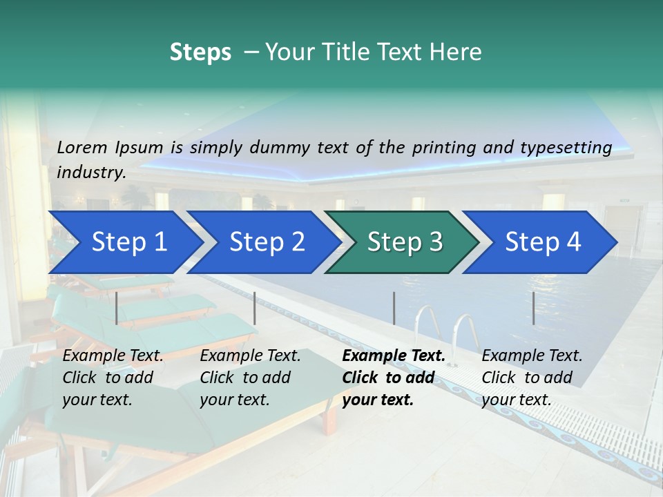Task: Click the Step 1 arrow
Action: tap(124, 242)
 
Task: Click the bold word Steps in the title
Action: tap(200, 52)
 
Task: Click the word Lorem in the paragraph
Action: tap(81, 147)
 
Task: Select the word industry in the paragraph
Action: tap(90, 172)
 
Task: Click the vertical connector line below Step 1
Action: tap(117, 308)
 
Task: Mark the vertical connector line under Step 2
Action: tap(255, 308)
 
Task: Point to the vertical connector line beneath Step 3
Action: tap(394, 308)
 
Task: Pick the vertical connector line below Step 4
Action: tap(534, 308)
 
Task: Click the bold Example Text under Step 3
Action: tap(394, 356)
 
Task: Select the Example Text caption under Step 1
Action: tap(113, 356)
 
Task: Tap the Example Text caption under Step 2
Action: tap(250, 356)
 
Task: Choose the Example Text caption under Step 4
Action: tap(532, 356)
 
